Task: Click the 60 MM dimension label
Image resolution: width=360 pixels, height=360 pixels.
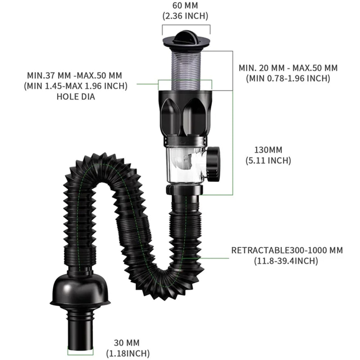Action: (x=185, y=6)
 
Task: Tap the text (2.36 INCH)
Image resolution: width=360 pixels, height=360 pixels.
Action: (x=185, y=16)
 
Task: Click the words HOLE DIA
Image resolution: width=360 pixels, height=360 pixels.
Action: (x=76, y=96)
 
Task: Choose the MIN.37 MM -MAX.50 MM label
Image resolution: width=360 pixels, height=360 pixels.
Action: (x=75, y=76)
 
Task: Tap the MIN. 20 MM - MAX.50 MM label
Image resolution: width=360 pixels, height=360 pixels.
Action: (x=288, y=68)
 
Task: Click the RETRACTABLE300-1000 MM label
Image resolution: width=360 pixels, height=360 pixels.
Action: (x=287, y=250)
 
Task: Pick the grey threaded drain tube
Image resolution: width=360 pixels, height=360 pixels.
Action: (x=185, y=68)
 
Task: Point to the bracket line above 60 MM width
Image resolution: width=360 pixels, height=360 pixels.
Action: (x=186, y=25)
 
